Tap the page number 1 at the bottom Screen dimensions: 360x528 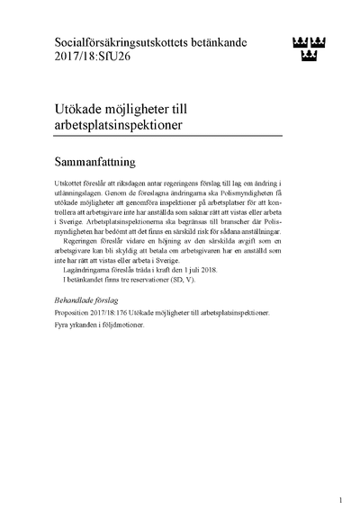pos(341,500)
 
